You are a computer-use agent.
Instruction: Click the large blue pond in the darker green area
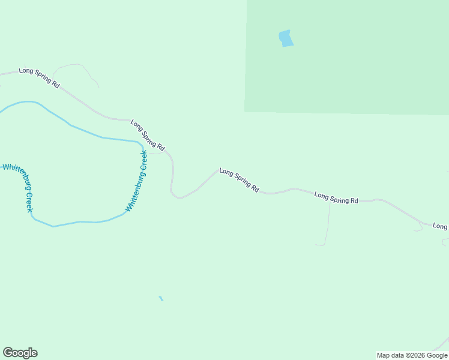coord(286,38)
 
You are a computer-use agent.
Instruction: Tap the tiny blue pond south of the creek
coord(161,298)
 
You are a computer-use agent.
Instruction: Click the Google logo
coord(20,353)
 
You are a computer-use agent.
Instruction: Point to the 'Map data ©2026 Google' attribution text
coord(412,355)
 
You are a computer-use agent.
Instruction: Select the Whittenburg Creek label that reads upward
coord(136,180)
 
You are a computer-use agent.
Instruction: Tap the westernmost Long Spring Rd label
coord(39,78)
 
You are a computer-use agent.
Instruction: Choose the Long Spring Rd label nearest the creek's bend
coord(148,135)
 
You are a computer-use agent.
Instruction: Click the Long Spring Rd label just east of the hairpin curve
coord(239,180)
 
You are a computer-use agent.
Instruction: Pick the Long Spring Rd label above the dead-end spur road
coord(336,198)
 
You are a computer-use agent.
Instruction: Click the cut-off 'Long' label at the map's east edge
coord(441,226)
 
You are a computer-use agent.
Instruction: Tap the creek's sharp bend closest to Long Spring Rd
coord(142,144)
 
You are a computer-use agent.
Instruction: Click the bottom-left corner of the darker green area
coord(245,112)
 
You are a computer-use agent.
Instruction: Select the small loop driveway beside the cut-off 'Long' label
coord(418,228)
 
